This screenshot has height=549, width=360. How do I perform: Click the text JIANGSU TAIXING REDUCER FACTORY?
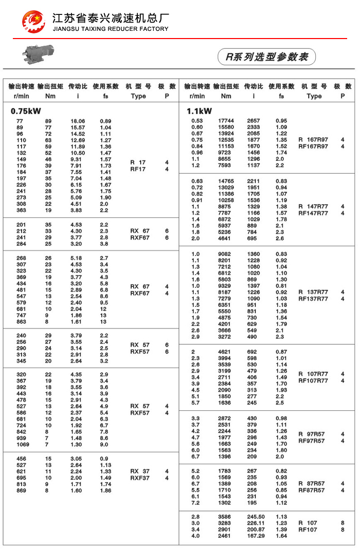[x=111, y=29]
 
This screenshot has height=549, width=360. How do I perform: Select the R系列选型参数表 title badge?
[x=266, y=57]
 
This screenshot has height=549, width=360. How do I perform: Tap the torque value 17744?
[x=226, y=121]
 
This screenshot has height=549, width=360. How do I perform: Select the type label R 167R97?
[x=313, y=140]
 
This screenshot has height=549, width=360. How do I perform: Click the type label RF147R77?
[x=313, y=213]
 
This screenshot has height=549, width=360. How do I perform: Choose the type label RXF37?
[x=139, y=478]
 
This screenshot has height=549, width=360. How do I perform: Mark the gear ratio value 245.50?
[x=255, y=517]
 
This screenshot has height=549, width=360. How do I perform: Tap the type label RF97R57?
[x=312, y=441]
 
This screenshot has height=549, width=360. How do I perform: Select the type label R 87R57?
[x=312, y=484]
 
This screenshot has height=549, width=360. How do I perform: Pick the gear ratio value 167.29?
[x=255, y=536]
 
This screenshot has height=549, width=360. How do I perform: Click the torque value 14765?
[x=226, y=181]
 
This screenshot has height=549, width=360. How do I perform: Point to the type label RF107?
[x=308, y=529]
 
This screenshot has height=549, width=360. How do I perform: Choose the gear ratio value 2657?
[x=254, y=121]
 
